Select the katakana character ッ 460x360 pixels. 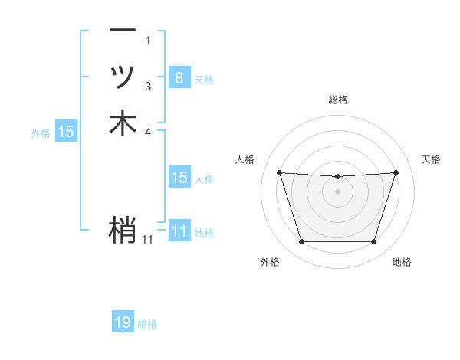(x=123, y=77)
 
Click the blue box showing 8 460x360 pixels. (x=179, y=77)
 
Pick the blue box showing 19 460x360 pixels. (x=123, y=323)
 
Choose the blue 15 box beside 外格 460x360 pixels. (x=66, y=132)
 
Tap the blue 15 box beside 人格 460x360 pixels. (x=179, y=178)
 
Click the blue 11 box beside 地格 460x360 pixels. (x=179, y=231)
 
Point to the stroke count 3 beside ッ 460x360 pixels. (x=148, y=87)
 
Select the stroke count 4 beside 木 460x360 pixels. (x=148, y=132)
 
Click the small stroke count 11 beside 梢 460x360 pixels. (x=147, y=240)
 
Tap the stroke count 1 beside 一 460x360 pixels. (x=148, y=40)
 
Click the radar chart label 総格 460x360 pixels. (x=337, y=100)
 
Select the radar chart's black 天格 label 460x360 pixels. (x=431, y=159)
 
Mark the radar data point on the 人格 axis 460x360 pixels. (x=279, y=172)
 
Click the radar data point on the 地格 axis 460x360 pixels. (x=373, y=242)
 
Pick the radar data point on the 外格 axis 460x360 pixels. (x=301, y=242)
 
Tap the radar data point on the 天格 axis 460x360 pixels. (x=396, y=172)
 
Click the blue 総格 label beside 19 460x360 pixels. (x=147, y=324)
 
